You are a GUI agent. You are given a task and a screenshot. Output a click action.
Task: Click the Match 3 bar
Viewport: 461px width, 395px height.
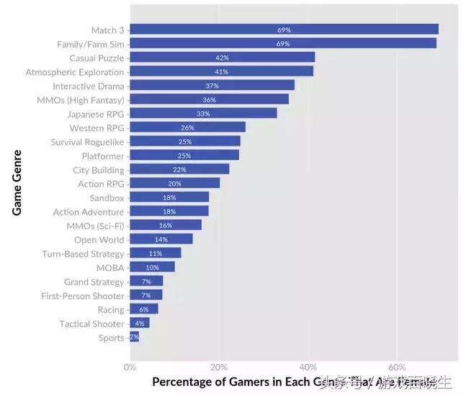tap(284, 30)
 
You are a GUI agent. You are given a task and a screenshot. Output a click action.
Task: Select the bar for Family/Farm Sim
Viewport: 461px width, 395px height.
tap(283, 43)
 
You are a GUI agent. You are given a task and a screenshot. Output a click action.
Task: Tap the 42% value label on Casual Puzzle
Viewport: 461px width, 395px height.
tap(222, 58)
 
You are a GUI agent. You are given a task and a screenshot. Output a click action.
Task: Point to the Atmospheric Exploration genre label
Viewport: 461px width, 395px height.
tap(75, 72)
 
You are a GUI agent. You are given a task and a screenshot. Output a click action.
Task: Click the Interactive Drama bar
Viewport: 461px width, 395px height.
tap(212, 86)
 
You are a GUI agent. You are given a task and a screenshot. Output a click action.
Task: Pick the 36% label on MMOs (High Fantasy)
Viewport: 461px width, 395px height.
tap(210, 99)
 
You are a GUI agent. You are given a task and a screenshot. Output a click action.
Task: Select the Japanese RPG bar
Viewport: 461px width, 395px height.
tap(203, 114)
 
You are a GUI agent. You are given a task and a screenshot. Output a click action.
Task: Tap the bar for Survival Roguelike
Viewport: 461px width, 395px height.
tap(185, 141)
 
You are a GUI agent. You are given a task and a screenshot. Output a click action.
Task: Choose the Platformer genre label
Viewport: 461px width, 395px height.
tap(103, 156)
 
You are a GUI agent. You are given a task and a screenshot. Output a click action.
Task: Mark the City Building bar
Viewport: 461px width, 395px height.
tap(179, 169)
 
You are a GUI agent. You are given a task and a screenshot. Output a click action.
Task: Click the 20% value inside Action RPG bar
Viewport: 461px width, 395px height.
tap(174, 184)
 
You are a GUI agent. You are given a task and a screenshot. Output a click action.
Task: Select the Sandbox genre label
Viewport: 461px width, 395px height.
tap(107, 197)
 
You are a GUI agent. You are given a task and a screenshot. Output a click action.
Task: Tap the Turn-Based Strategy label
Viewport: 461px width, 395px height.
tap(83, 254)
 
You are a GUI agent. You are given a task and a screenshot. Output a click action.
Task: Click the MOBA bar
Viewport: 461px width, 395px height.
tap(152, 267)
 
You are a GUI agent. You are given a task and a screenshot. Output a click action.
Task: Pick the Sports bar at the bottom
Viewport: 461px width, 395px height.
tap(135, 337)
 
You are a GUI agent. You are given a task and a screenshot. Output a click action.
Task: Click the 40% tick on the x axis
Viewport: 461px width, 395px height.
tap(308, 367)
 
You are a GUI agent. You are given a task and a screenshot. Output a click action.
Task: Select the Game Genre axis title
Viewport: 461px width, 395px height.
tap(17, 182)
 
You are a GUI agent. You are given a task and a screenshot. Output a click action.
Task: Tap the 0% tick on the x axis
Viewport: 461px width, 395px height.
tap(130, 367)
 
